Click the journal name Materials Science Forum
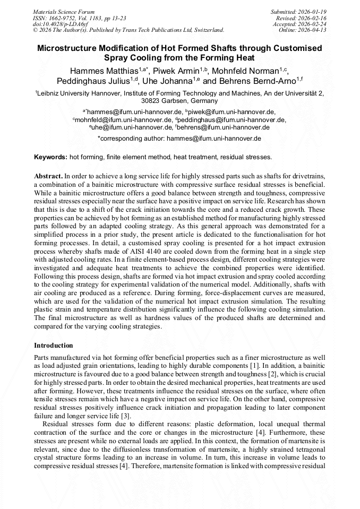coord(64,11)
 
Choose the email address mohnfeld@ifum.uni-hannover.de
coord(123,120)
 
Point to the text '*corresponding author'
coord(131,139)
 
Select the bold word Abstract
coord(48,175)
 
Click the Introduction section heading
coord(54,346)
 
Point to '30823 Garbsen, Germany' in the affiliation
coord(179,100)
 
